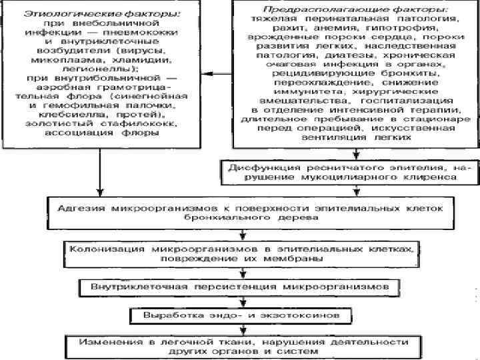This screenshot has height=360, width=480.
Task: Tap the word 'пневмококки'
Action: [151, 32]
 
